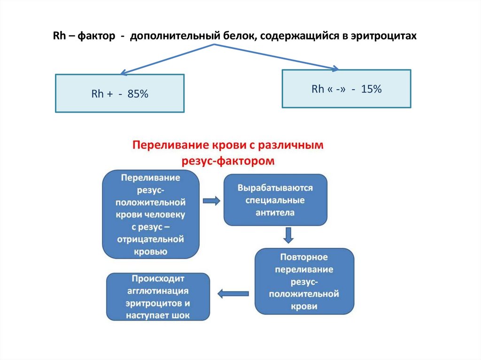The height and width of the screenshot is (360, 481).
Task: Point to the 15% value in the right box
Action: (371, 89)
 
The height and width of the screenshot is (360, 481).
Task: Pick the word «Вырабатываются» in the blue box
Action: (275, 188)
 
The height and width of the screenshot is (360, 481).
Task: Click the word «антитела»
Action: (275, 212)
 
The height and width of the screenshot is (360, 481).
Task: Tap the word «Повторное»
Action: (304, 257)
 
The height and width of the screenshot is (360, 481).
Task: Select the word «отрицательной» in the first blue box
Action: (151, 239)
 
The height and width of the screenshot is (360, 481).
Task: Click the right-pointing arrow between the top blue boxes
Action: (211, 201)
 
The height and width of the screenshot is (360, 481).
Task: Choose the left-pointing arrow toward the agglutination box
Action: (233, 294)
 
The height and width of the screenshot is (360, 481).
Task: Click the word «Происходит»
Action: (158, 278)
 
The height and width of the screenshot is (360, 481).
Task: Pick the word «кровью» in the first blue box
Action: (151, 252)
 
